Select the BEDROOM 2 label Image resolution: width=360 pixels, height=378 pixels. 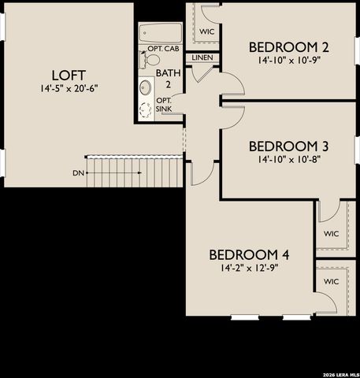(x=288, y=46)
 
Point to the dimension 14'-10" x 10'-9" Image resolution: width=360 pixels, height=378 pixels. (x=288, y=59)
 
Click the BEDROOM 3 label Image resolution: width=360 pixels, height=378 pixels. (x=288, y=146)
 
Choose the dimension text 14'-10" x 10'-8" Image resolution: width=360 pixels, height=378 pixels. (x=288, y=158)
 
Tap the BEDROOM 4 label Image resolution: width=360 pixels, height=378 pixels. (x=250, y=254)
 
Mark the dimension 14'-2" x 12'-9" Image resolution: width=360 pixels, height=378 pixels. (x=250, y=268)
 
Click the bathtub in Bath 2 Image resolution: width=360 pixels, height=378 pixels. (x=161, y=33)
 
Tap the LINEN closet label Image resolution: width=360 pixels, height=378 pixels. (x=202, y=58)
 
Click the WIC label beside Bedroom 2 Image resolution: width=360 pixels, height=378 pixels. (x=207, y=31)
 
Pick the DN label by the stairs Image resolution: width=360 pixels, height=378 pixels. (x=78, y=172)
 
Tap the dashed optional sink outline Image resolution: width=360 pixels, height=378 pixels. (x=146, y=110)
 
